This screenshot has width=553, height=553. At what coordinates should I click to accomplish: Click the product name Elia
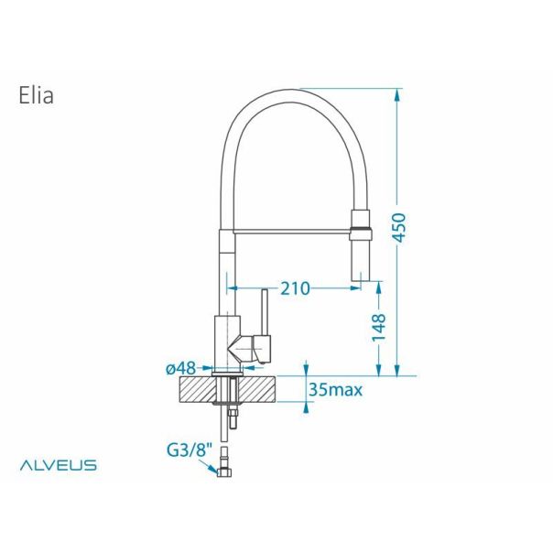point(35,96)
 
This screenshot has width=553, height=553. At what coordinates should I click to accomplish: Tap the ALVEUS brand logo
point(59,466)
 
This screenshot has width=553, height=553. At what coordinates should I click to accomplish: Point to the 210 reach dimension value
point(294,288)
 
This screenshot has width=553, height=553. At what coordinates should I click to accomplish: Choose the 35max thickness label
point(336,390)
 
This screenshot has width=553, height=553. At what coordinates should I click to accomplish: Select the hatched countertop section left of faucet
point(194,389)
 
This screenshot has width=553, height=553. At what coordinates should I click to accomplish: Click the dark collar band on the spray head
point(360,222)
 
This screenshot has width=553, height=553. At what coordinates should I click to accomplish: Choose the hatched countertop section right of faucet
point(259,389)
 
